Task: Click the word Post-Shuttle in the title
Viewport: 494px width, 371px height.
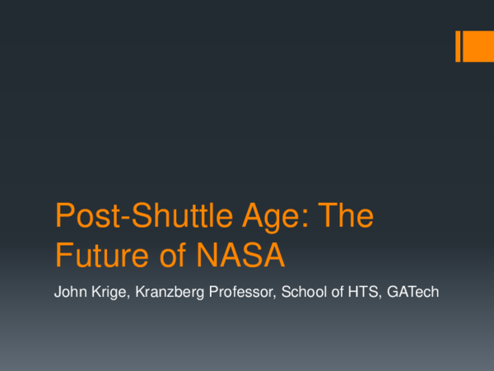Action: [x=140, y=218]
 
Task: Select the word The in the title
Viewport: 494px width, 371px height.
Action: [x=346, y=218]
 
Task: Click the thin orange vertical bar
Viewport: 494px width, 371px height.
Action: [x=459, y=46]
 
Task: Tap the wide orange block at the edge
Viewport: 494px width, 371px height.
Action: [x=480, y=46]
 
